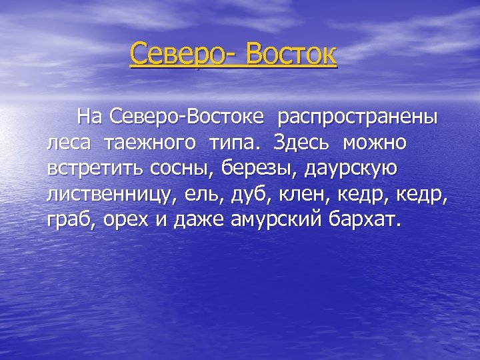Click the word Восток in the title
pos(291,54)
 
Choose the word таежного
pos(156,143)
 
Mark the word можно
pos(375,143)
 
